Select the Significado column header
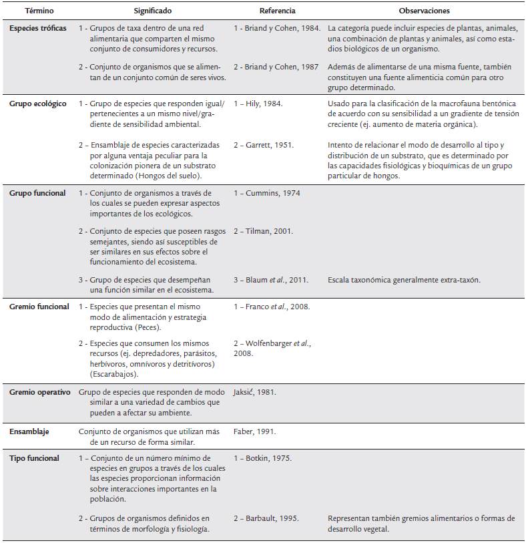152,11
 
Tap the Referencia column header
277,11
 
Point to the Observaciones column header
424,11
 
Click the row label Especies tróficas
38,29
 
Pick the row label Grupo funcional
37,193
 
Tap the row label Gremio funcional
39,307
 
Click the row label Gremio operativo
40,392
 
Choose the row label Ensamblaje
29,431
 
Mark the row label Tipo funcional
34,458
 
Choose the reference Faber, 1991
255,431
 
